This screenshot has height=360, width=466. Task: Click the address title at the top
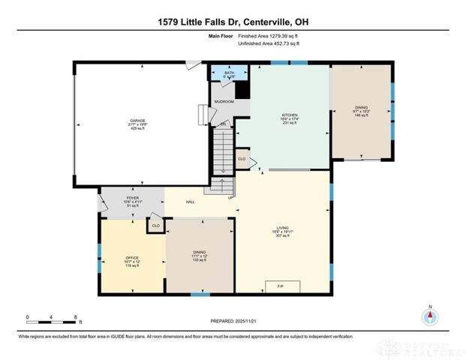(x=233, y=22)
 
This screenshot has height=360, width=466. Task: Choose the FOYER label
(x=133, y=199)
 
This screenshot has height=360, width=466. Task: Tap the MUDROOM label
(x=224, y=101)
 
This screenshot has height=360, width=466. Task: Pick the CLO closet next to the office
(x=155, y=225)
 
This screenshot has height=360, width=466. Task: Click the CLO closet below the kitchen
(x=242, y=159)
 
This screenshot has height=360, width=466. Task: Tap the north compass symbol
(x=430, y=316)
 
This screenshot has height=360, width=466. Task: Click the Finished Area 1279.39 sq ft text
(x=269, y=36)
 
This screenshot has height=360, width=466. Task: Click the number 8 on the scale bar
(x=76, y=316)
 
